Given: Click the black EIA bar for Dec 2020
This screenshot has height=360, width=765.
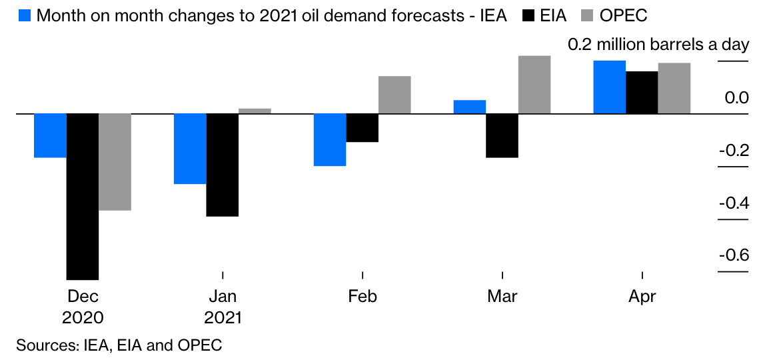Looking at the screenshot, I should pyautogui.click(x=83, y=196).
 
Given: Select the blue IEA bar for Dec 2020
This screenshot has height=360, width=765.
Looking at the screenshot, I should pyautogui.click(x=51, y=135).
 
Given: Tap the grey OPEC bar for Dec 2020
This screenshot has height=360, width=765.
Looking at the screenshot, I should pyautogui.click(x=115, y=162).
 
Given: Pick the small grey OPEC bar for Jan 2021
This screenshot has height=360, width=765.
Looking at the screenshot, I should pyautogui.click(x=255, y=111).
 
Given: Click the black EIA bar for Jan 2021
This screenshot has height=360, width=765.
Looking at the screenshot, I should pyautogui.click(x=223, y=165).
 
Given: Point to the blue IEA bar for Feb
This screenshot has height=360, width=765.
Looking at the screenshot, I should pyautogui.click(x=330, y=139).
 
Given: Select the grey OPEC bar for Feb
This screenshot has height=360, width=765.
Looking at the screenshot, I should pyautogui.click(x=394, y=95).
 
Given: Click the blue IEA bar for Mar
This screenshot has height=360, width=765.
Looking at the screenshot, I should pyautogui.click(x=470, y=107).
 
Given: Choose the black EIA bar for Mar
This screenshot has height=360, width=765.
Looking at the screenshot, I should pyautogui.click(x=502, y=135).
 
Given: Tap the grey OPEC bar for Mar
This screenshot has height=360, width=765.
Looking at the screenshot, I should pyautogui.click(x=534, y=84).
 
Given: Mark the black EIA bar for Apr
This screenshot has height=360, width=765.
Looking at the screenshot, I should pyautogui.click(x=642, y=92).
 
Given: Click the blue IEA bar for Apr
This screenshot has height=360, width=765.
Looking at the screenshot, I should pyautogui.click(x=610, y=87).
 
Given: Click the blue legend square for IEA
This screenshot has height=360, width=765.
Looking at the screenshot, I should pyautogui.click(x=24, y=15).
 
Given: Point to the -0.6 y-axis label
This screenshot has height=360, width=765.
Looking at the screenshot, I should pyautogui.click(x=733, y=255).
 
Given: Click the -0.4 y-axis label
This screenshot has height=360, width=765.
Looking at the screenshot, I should pyautogui.click(x=733, y=203).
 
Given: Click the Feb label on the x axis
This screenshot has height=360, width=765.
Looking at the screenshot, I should pyautogui.click(x=363, y=296).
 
